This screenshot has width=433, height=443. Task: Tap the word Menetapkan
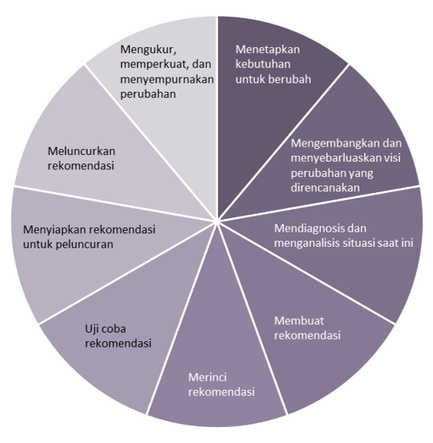point(268,50)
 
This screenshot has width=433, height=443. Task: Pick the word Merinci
point(207,377)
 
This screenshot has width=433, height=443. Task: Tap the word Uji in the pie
point(91,329)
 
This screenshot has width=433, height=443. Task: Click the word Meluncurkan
point(82,152)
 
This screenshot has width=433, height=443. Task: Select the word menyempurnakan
point(167,80)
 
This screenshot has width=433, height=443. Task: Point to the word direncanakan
point(325,188)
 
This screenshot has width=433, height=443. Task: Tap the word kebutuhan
point(263,64)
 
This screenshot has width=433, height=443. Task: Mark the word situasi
point(360,243)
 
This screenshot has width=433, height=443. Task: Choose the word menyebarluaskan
point(333,158)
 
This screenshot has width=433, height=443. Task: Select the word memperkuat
point(155,65)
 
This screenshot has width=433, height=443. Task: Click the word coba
point(113,329)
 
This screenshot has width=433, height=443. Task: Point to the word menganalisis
point(307,243)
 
